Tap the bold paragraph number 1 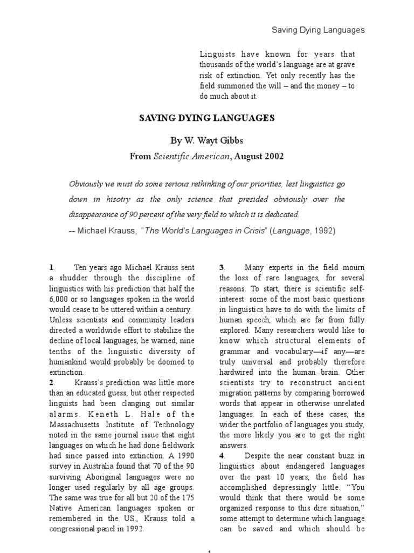(x=51, y=267)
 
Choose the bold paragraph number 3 (x=222, y=267)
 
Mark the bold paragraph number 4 (x=222, y=455)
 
